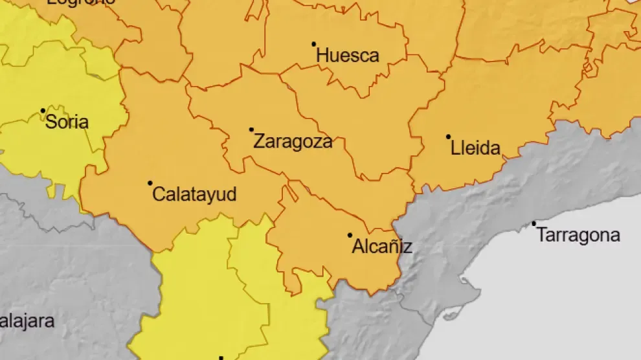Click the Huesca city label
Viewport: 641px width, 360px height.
(x=348, y=56)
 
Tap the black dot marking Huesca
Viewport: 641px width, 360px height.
(x=314, y=44)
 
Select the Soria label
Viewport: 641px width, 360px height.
(x=67, y=122)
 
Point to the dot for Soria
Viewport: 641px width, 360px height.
(x=43, y=111)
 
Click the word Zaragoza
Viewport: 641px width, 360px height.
(x=293, y=141)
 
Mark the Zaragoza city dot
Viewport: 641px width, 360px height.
(x=251, y=129)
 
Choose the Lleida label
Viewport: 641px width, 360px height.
(x=476, y=148)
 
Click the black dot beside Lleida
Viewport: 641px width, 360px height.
(x=448, y=137)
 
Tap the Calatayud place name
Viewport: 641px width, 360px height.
(x=195, y=194)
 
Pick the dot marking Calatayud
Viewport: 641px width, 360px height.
(x=150, y=183)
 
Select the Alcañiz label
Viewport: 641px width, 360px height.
(x=382, y=247)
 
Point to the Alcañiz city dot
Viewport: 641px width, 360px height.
(x=350, y=235)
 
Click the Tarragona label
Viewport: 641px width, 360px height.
(x=578, y=235)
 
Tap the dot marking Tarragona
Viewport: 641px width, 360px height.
(x=534, y=224)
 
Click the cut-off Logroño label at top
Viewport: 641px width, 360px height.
(x=82, y=2)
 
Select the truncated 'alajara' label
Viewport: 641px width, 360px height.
(x=27, y=321)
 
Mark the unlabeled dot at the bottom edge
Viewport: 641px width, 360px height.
(x=221, y=357)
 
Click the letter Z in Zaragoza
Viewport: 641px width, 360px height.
(x=258, y=141)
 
